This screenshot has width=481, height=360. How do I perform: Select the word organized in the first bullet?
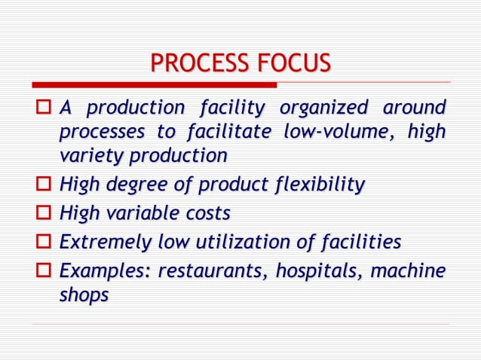(x=322, y=108)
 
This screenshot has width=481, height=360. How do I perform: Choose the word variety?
(x=87, y=157)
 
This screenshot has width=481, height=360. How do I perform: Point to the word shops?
(x=83, y=296)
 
